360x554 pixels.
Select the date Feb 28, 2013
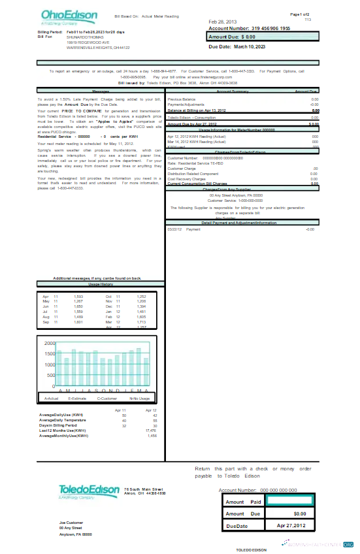coord(224,22)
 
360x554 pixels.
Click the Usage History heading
coord(101,285)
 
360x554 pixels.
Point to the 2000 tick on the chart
coord(50,343)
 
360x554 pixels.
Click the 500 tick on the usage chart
coord(51,376)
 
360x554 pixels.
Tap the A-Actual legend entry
coord(52,398)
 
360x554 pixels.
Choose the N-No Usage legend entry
coord(139,398)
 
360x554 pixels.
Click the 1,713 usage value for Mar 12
coord(141,322)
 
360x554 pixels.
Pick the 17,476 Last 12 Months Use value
coord(151,431)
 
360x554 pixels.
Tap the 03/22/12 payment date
coord(174,211)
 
